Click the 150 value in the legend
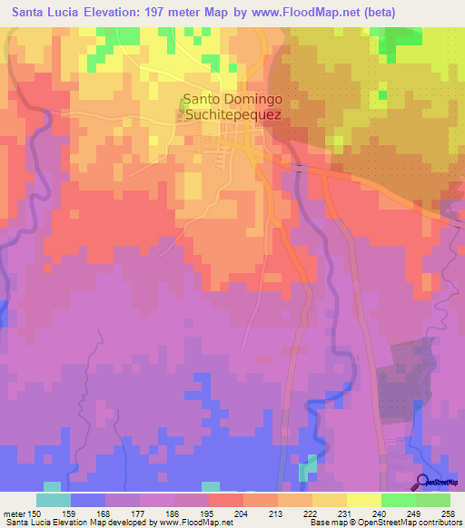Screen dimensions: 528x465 coord(35,513)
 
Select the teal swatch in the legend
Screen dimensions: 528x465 coord(53,500)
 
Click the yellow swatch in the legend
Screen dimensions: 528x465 coord(329,500)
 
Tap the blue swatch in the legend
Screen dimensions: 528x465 coord(87,500)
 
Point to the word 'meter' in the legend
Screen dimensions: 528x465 coord(14,513)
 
